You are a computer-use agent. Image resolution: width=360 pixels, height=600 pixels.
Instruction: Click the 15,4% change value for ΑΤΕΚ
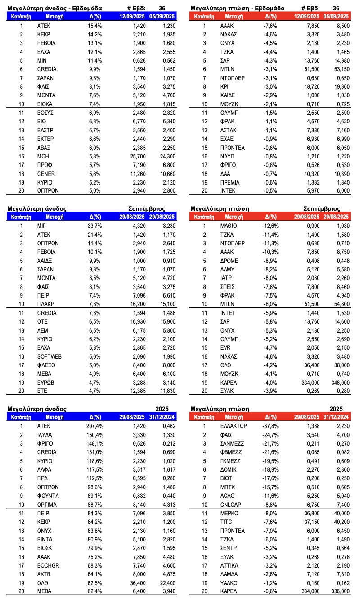(95, 26)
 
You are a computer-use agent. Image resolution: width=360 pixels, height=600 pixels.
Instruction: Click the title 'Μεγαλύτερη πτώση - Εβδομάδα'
(237, 8)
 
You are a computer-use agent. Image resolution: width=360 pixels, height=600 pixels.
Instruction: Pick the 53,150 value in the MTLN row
(340, 69)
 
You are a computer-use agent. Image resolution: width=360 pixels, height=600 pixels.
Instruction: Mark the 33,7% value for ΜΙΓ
(95, 226)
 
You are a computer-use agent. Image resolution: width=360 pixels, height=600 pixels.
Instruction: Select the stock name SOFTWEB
(49, 356)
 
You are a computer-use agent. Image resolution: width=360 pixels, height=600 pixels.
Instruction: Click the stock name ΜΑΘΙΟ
(229, 226)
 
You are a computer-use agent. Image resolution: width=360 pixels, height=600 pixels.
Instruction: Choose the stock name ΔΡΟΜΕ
(229, 261)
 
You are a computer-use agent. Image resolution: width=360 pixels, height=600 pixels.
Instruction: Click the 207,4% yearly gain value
(94, 426)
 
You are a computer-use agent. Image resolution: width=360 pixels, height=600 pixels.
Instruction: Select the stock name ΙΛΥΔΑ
(45, 435)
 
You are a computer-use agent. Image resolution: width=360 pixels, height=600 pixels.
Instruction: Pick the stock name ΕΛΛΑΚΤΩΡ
(233, 426)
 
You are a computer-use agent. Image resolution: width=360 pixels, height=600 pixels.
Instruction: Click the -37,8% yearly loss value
(270, 426)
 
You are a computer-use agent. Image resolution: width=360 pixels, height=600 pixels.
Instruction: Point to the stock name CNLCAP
(230, 504)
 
